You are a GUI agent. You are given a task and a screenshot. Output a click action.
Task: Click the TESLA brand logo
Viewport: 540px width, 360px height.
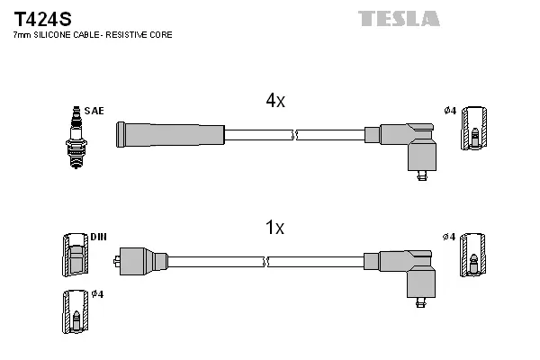(399, 18)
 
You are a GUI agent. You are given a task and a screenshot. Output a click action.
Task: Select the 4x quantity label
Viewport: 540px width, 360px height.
(275, 102)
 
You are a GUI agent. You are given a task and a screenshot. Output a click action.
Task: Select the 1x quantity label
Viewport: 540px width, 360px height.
(275, 229)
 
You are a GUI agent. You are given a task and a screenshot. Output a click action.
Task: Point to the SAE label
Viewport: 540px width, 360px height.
(95, 111)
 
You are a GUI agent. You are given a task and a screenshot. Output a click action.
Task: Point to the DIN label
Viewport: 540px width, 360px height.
(98, 237)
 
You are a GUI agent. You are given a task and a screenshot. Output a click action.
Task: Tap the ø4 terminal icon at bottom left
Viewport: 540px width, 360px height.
(76, 310)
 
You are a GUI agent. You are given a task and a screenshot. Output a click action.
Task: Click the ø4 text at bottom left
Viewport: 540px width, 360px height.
(98, 294)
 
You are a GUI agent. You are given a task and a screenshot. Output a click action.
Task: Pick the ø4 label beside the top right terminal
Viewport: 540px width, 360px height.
(450, 111)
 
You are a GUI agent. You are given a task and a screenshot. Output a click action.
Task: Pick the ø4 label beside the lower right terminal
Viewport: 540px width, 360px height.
(450, 237)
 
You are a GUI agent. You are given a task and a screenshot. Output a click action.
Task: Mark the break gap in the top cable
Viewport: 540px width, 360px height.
(295, 135)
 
